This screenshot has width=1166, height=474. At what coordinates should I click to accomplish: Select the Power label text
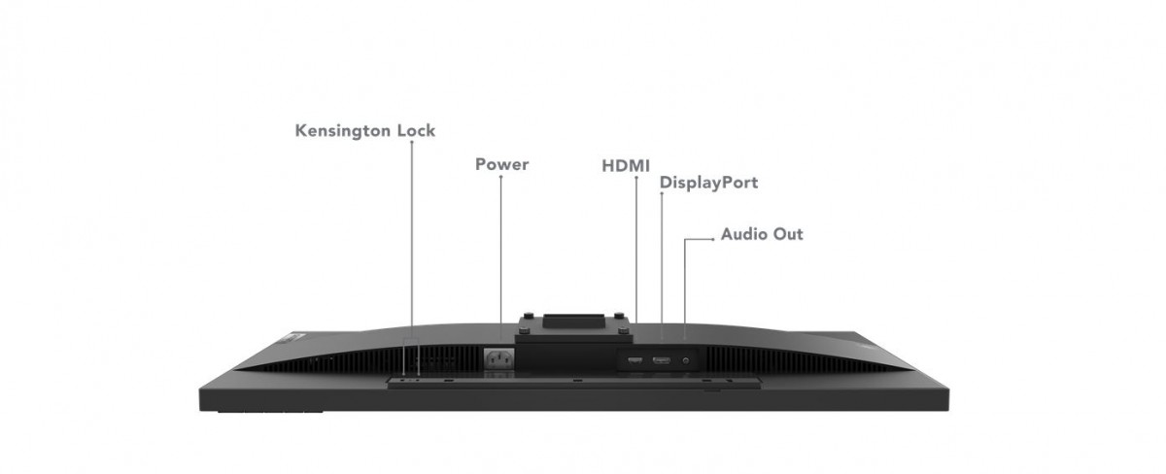tap(501, 164)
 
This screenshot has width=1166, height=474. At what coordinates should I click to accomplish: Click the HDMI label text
tap(626, 165)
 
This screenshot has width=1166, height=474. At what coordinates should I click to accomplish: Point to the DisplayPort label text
tap(708, 183)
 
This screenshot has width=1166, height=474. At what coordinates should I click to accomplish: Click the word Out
tap(788, 234)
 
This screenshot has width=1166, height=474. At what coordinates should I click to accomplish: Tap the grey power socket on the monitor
tap(499, 358)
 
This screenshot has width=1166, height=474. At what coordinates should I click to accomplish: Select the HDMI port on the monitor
tap(634, 361)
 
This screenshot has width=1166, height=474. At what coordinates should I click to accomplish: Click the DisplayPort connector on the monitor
tap(661, 361)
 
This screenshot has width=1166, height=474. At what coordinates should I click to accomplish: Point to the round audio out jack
tap(688, 360)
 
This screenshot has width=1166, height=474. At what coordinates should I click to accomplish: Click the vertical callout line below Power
tap(500, 253)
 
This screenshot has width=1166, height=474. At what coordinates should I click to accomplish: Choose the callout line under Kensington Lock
tap(411, 243)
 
